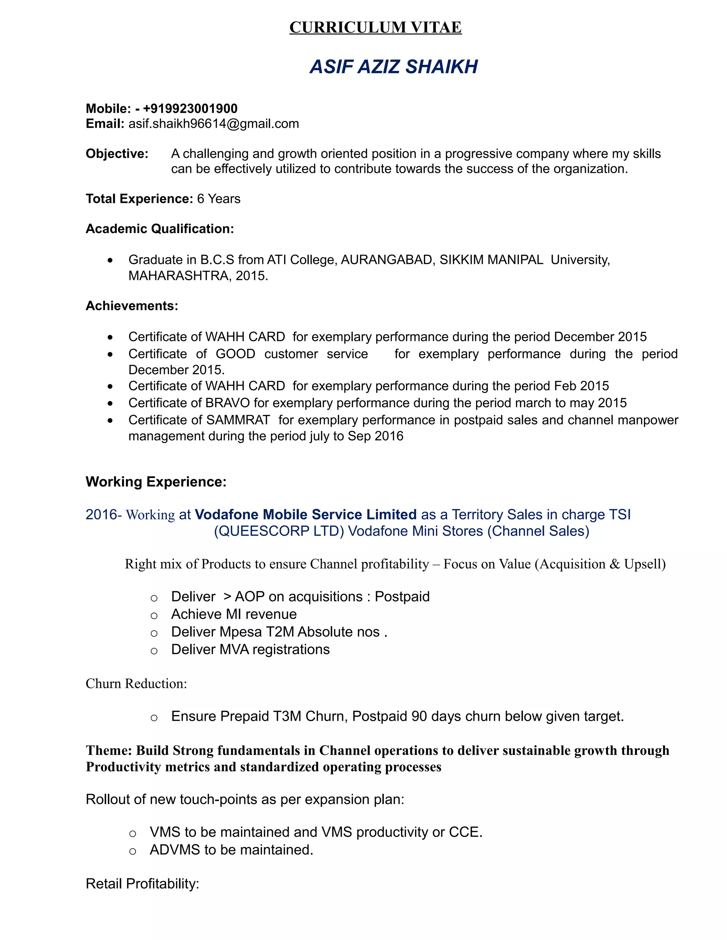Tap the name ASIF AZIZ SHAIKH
pyautogui.click(x=393, y=67)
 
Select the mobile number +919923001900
pyautogui.click(x=190, y=109)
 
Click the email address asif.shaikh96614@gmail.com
pyautogui.click(x=214, y=124)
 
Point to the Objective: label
pyautogui.click(x=117, y=154)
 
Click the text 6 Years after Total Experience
pyautogui.click(x=218, y=199)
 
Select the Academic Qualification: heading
pyautogui.click(x=160, y=228)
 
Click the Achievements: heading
pyautogui.click(x=132, y=306)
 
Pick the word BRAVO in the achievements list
pyautogui.click(x=228, y=403)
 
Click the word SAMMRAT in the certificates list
pyautogui.click(x=237, y=420)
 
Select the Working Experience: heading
pyautogui.click(x=156, y=482)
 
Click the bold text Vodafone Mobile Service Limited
pyautogui.click(x=305, y=515)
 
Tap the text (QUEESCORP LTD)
pyautogui.click(x=279, y=531)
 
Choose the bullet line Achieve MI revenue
pyautogui.click(x=234, y=614)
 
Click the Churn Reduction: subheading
pyautogui.click(x=136, y=684)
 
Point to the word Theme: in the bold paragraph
pyautogui.click(x=109, y=751)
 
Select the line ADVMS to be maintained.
pyautogui.click(x=231, y=850)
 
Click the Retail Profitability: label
pyautogui.click(x=142, y=884)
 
